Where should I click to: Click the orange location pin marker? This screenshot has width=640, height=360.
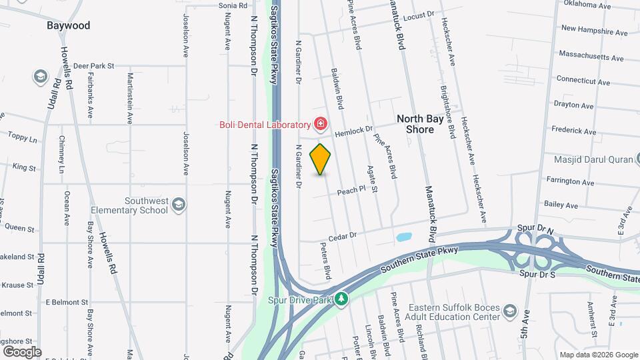point(321,159)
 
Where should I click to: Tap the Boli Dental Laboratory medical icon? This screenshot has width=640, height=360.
point(321,124)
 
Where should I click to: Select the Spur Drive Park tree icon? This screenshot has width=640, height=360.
point(341,299)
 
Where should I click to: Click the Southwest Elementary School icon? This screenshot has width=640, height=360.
point(178,204)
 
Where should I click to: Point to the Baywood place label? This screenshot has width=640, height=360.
point(68,26)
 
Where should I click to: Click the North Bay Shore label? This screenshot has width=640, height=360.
point(425,123)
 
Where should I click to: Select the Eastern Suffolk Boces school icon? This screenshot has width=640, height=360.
point(509,311)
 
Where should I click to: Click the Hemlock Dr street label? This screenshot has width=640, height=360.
point(353,133)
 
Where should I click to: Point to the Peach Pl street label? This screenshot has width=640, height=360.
point(352,190)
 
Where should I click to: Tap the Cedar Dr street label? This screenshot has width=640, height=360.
point(344,236)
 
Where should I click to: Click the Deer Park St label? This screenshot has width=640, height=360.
point(94,66)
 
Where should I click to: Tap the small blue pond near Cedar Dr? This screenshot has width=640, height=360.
point(403,237)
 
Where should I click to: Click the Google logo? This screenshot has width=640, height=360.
point(22,351)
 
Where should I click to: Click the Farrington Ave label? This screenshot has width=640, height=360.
point(569,181)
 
